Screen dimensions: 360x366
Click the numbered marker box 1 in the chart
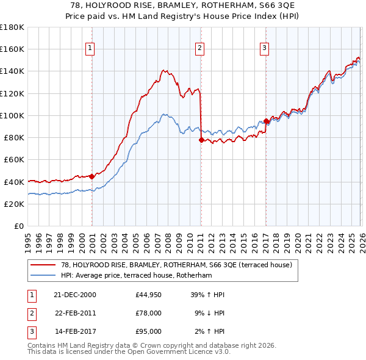click(x=90, y=48)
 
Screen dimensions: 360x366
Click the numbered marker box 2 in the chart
click(x=199, y=48)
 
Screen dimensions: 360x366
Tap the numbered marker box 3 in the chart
click(x=264, y=48)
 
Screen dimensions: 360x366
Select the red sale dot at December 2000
click(x=91, y=176)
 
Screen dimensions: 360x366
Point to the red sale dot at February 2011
click(x=201, y=140)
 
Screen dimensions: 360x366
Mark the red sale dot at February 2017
click(x=266, y=121)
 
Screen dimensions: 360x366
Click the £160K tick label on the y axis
click(x=12, y=49)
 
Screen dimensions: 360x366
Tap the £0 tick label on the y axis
click(x=18, y=226)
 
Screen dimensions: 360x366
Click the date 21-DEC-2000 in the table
click(x=75, y=295)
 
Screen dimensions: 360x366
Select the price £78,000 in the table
click(x=149, y=313)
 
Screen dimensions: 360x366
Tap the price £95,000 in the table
click(x=149, y=331)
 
